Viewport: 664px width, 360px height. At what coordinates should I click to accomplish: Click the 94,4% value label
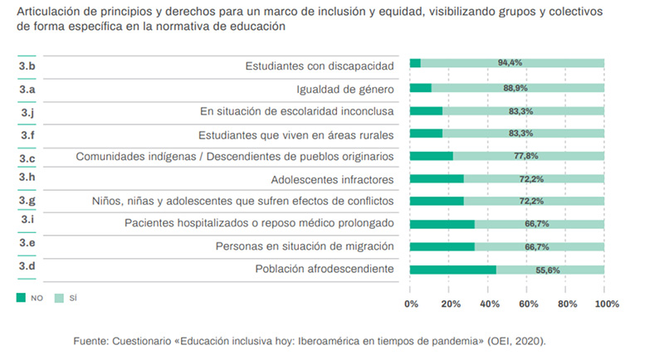click(x=509, y=63)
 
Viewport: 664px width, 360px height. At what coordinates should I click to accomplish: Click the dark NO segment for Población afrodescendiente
click(x=453, y=270)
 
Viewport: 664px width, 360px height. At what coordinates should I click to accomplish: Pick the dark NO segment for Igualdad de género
click(x=421, y=87)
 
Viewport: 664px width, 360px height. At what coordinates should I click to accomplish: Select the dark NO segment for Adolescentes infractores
click(x=437, y=178)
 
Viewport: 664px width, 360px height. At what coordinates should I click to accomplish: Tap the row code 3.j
click(x=27, y=111)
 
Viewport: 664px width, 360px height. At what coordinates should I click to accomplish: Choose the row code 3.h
click(x=27, y=178)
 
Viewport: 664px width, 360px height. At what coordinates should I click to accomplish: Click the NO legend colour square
click(x=21, y=297)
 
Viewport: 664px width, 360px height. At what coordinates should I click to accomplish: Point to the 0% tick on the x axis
click(x=411, y=304)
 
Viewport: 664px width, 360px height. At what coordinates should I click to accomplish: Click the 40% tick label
click(x=489, y=304)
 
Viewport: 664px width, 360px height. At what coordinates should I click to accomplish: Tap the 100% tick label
click(x=606, y=304)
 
